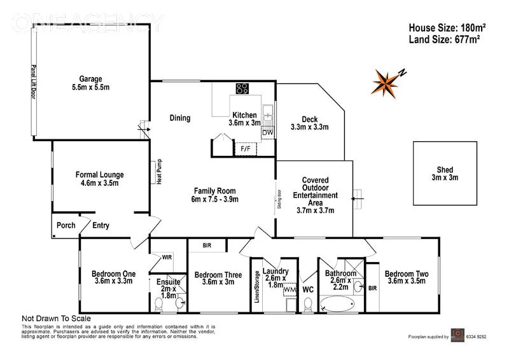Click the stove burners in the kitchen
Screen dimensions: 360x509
click(x=242, y=88)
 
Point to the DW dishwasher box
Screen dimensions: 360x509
click(x=268, y=132)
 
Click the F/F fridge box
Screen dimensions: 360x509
click(x=245, y=149)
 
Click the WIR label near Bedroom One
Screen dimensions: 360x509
click(x=167, y=258)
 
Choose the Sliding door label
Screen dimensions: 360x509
click(x=279, y=200)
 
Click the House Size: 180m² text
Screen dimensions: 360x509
click(x=447, y=27)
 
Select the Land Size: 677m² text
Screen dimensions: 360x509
click(x=444, y=39)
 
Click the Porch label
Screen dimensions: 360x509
click(x=66, y=225)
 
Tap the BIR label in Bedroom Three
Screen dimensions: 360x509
click(x=207, y=245)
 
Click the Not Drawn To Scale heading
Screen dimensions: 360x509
click(x=57, y=319)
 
